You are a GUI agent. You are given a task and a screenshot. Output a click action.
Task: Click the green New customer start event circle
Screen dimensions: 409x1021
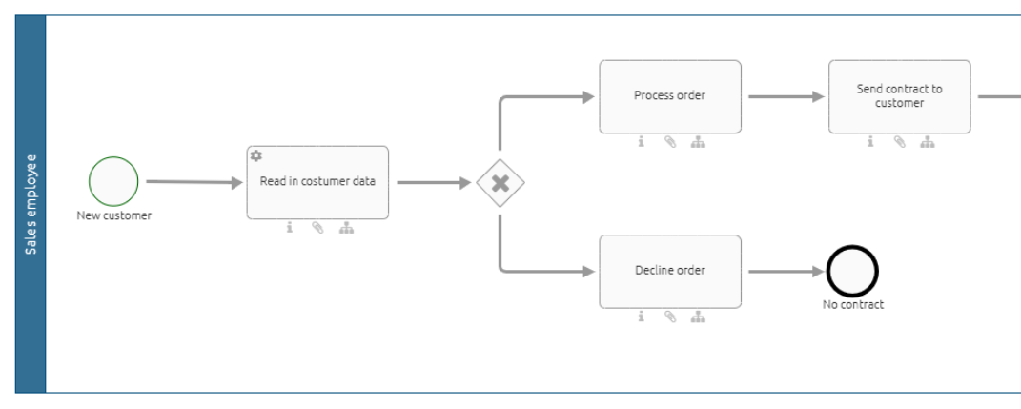point(113,181)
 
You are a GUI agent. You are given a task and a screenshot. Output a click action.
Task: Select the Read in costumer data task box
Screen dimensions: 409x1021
point(317,182)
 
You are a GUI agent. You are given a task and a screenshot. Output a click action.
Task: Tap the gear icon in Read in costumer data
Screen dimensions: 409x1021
point(255,155)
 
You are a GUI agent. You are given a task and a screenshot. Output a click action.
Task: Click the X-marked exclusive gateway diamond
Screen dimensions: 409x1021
point(500,182)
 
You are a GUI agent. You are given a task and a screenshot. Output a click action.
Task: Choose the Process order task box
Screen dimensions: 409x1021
point(669,96)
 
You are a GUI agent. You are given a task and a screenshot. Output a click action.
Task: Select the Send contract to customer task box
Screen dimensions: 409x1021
point(899,96)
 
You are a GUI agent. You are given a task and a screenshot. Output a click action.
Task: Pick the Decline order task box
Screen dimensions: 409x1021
point(669,271)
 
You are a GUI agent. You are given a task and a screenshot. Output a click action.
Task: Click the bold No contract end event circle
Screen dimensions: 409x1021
point(852,272)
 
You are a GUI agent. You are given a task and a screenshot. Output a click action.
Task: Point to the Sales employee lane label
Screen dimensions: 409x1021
point(31,204)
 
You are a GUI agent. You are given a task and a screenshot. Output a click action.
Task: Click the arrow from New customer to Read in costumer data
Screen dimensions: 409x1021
point(194,182)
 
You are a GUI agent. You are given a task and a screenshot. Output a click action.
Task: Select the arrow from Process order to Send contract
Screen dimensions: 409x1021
point(786,96)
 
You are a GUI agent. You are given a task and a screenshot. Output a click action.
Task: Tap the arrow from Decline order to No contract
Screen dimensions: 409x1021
point(786,272)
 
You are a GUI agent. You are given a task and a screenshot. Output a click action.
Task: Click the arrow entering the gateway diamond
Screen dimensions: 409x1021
point(435,182)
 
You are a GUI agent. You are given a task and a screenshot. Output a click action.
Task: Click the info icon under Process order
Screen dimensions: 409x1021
point(642,142)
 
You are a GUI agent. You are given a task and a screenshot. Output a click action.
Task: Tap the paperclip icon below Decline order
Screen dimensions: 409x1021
point(670,317)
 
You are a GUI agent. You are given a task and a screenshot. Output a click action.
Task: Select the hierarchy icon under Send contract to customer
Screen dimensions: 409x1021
point(928,142)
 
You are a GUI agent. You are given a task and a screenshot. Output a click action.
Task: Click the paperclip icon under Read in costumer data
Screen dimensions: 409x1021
point(317,228)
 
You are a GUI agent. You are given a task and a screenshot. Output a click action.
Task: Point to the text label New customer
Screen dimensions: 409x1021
point(113,215)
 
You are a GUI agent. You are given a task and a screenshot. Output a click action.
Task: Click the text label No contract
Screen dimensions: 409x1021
point(852,305)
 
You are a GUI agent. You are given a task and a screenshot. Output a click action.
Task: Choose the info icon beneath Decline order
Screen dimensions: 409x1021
point(642,317)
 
